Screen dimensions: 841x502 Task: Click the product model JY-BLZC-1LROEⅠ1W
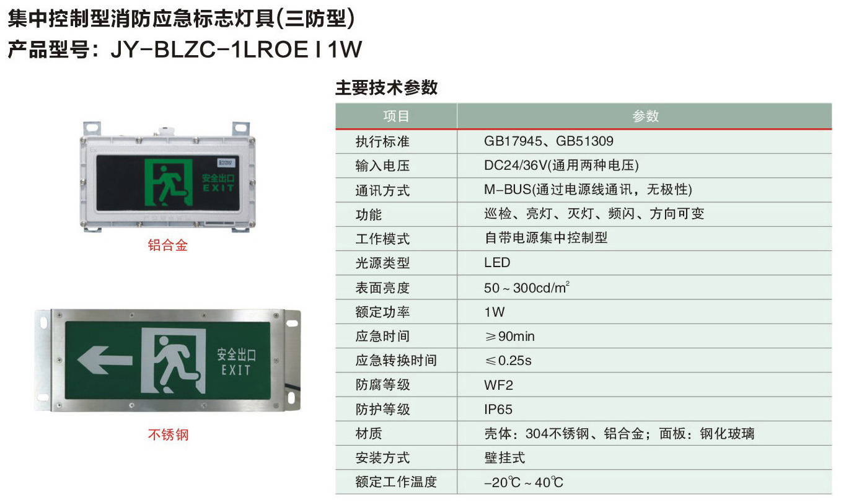[236, 50]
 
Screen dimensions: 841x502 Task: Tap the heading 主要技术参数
[386, 87]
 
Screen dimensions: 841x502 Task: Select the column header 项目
[396, 116]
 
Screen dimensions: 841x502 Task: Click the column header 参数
[645, 116]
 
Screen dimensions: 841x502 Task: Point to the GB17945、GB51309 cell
[548, 141]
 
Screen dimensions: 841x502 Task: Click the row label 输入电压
[382, 165]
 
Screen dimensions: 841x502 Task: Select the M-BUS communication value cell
[588, 190]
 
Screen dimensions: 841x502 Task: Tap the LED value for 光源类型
[497, 262]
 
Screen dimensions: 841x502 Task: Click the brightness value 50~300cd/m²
[527, 288]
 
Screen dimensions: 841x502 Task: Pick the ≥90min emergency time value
[509, 337]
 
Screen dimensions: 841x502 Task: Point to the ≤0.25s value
[508, 361]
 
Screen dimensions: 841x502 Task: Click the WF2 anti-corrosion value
[498, 385]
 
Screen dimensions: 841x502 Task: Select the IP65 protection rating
[498, 409]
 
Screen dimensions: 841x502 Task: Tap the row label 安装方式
[382, 458]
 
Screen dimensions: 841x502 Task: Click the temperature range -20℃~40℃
[524, 482]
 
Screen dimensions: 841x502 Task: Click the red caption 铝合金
[167, 245]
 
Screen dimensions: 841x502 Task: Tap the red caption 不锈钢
[168, 434]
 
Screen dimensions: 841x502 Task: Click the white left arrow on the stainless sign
[105, 359]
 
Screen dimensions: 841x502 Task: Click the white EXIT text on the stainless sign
[236, 370]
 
